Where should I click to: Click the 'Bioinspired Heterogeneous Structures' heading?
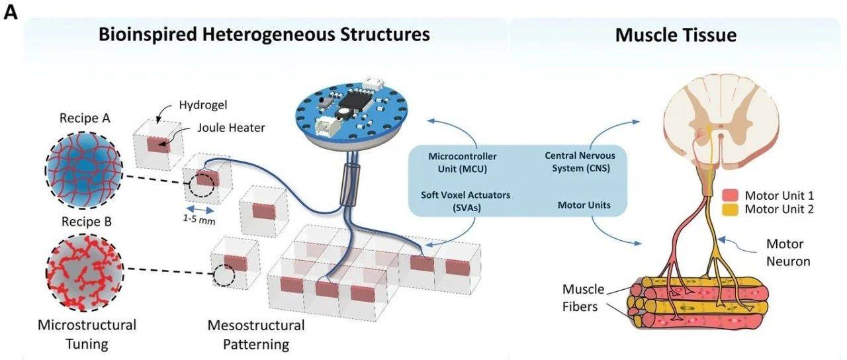click(264, 34)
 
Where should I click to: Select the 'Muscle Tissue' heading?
click(676, 34)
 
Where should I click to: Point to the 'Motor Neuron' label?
click(788, 252)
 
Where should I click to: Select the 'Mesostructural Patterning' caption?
click(255, 334)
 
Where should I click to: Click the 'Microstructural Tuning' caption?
click(87, 334)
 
